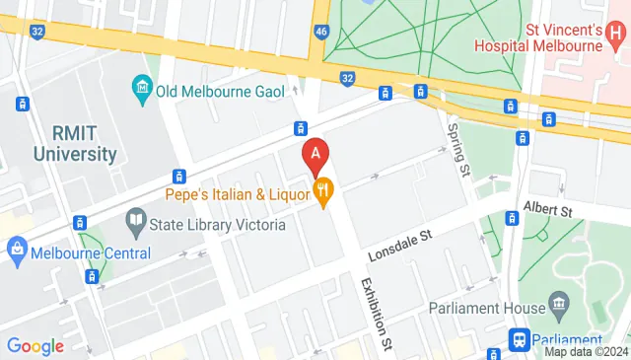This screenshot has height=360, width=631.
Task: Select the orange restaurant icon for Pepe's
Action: (x=321, y=191)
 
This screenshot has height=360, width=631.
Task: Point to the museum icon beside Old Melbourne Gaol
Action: (x=143, y=91)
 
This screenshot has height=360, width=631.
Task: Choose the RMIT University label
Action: (x=74, y=144)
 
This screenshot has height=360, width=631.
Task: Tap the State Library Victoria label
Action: (x=218, y=225)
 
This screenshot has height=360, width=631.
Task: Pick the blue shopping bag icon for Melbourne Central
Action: (x=16, y=252)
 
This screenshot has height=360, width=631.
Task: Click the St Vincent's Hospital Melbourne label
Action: (x=538, y=37)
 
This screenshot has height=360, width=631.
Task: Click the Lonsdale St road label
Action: (x=401, y=245)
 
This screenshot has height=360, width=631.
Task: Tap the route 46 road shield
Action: (x=321, y=33)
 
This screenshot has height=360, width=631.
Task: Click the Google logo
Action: (x=35, y=346)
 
